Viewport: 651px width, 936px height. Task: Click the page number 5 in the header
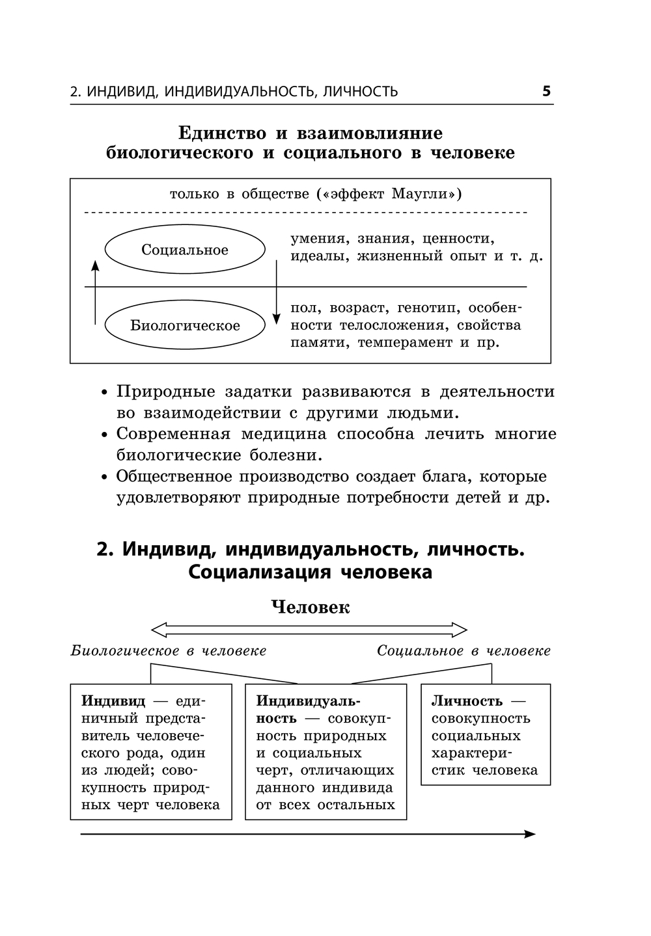tap(546, 91)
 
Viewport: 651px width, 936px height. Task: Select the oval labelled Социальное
tap(185, 250)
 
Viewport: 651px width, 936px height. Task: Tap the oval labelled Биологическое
tap(185, 325)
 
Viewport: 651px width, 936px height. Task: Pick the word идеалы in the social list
tap(311, 256)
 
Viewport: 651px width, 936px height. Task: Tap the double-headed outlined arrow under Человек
tap(309, 630)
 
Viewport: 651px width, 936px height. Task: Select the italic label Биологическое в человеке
tap(169, 651)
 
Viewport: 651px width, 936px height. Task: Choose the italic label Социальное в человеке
tap(464, 651)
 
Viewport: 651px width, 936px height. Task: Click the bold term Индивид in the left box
tap(113, 701)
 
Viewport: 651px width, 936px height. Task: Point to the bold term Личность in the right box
tap(467, 701)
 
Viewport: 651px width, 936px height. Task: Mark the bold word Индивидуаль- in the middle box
tap(308, 701)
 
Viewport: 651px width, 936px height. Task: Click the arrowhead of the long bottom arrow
tap(530, 834)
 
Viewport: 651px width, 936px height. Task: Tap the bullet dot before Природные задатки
tap(104, 393)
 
